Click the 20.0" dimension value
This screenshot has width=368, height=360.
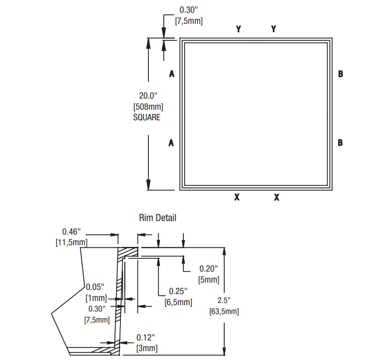click(x=148, y=96)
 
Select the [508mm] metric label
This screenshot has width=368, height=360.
click(x=148, y=107)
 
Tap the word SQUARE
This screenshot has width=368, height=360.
click(x=147, y=117)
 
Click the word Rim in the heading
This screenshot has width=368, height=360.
click(x=145, y=218)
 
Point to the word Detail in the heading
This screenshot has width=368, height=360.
click(x=165, y=218)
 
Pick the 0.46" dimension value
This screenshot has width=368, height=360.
click(x=71, y=232)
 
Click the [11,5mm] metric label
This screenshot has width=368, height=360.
click(x=71, y=242)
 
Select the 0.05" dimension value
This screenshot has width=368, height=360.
click(x=95, y=286)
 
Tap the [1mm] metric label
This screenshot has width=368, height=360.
click(x=96, y=298)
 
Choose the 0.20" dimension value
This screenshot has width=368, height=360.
click(x=208, y=269)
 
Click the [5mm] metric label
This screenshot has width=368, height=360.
click(x=208, y=280)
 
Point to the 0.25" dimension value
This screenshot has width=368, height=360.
click(x=178, y=291)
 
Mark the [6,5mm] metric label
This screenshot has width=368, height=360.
click(x=178, y=302)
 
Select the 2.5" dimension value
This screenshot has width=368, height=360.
click(x=224, y=300)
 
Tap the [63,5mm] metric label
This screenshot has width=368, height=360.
click(x=224, y=312)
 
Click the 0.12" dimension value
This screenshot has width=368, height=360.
click(x=146, y=337)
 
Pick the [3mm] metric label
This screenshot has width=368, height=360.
click(x=147, y=348)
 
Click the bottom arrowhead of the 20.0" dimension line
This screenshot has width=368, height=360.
click(x=148, y=185)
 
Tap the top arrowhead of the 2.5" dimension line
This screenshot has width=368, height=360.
click(x=224, y=252)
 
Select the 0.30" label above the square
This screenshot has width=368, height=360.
click(x=189, y=10)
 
